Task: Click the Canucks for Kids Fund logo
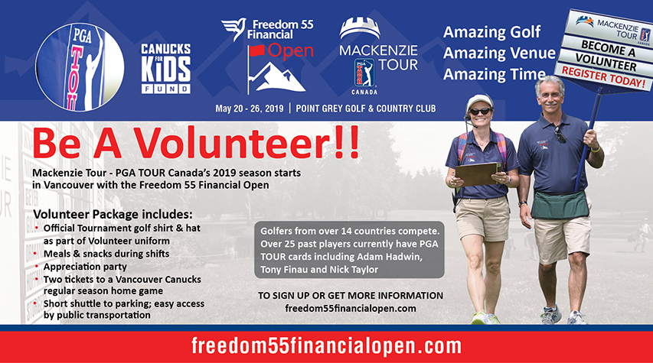point(166,68)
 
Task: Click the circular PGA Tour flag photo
point(80,67)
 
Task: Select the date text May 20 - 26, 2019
point(249,109)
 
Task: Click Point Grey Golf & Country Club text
point(366,109)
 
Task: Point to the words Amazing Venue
point(499,53)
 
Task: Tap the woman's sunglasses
point(480,112)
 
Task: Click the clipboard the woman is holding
point(476,174)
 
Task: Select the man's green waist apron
point(560,205)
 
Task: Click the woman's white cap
point(479,102)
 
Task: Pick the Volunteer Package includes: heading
point(113,215)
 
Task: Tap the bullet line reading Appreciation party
point(85,267)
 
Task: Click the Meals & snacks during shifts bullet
point(106,254)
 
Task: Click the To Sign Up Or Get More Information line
point(351,296)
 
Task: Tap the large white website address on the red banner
point(326,346)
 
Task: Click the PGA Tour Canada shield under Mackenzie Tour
point(364,73)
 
